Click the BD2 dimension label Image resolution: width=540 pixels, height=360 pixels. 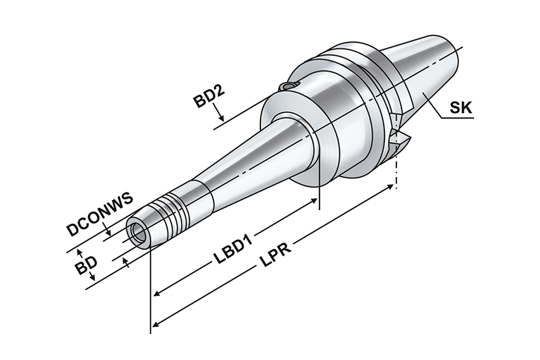coord(209,97)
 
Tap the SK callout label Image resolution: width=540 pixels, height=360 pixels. coord(461,108)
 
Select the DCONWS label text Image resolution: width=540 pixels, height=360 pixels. coord(100,214)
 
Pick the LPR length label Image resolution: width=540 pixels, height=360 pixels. coord(275,255)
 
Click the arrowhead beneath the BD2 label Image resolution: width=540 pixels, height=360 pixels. coord(222,117)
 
